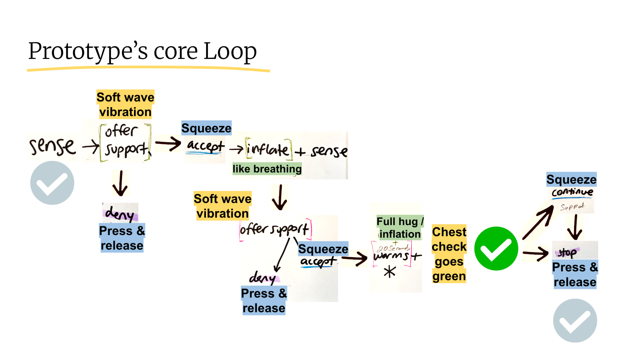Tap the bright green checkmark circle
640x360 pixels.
[x=496, y=249]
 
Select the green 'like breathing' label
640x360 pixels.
[x=267, y=169]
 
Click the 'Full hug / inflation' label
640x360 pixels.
[x=400, y=228]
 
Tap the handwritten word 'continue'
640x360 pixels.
[x=572, y=192]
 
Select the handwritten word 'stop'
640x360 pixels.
[x=567, y=252]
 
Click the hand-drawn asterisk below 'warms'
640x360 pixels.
[x=389, y=272]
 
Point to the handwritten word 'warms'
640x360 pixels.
[x=391, y=256]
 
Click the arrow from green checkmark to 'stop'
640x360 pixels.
[x=535, y=253]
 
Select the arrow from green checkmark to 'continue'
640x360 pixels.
[x=537, y=222]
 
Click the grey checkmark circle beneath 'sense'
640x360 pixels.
[x=52, y=183]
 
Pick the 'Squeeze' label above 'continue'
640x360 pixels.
[x=571, y=180]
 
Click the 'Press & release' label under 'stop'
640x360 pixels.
[x=575, y=275]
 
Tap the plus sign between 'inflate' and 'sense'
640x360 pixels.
[x=300, y=152]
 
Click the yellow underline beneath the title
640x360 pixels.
[x=148, y=69]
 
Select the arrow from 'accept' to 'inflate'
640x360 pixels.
[x=236, y=149]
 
